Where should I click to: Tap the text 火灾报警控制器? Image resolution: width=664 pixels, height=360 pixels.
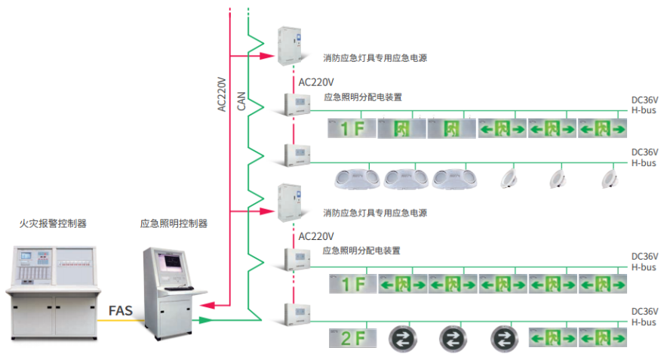pyautogui.click(x=53, y=223)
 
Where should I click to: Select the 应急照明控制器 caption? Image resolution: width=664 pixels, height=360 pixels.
pyautogui.click(x=174, y=223)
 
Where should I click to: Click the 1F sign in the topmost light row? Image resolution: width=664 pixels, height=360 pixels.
pyautogui.click(x=352, y=129)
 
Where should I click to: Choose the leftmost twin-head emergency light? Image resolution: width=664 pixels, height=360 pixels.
pyautogui.click(x=355, y=178)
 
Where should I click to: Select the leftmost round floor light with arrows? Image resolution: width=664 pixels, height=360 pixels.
pyautogui.click(x=401, y=337)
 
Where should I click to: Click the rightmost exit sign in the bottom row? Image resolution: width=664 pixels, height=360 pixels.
pyautogui.click(x=602, y=338)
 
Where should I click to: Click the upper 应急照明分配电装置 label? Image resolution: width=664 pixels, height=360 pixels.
pyautogui.click(x=362, y=97)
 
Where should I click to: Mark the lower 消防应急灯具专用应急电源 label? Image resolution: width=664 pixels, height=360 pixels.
pyautogui.click(x=375, y=214)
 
